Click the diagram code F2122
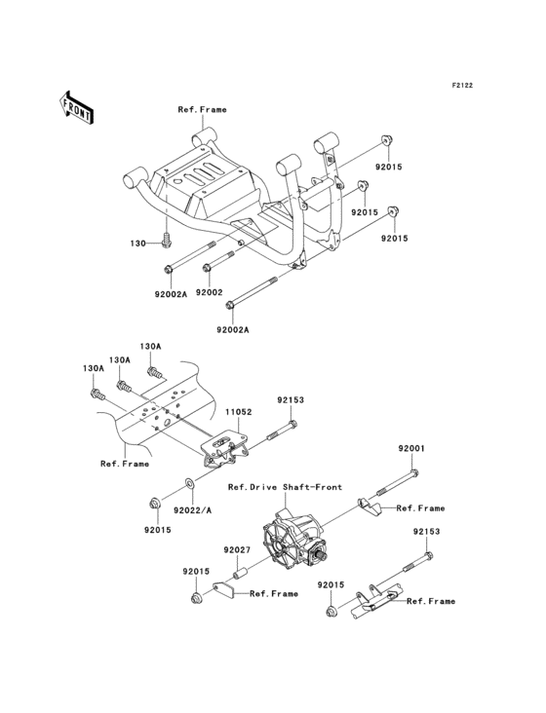coord(461,86)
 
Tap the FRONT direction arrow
coord(77,106)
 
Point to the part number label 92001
coord(410,448)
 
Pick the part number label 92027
coord(236,550)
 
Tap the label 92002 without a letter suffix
coord(210,291)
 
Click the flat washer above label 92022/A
coord(191,484)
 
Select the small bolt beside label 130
coord(167,237)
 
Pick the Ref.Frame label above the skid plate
coord(202,110)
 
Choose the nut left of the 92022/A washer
coord(154,503)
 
